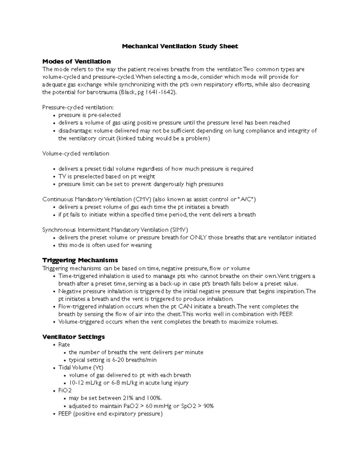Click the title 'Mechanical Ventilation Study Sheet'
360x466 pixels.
pyautogui.click(x=180, y=46)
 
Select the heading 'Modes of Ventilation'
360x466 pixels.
pyautogui.click(x=76, y=62)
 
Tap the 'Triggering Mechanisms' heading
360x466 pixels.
pyautogui.click(x=80, y=260)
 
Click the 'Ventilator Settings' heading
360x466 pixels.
pyautogui.click(x=73, y=337)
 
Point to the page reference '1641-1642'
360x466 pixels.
pyautogui.click(x=160, y=92)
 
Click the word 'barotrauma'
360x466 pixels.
pyautogui.click(x=102, y=92)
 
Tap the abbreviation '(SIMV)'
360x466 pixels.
pyautogui.click(x=179, y=230)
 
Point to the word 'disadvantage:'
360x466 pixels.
pyautogui.click(x=75, y=131)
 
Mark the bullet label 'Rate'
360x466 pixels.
pyautogui.click(x=64, y=345)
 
